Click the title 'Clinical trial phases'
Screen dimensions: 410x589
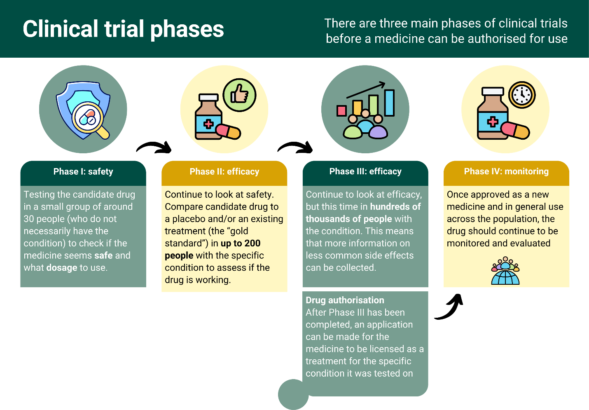tap(123, 29)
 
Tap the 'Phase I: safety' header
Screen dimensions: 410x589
tap(83, 172)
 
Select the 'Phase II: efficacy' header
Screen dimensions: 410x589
tap(224, 172)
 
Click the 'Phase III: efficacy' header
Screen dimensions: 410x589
tap(365, 171)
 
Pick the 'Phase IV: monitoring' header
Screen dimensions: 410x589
tap(506, 171)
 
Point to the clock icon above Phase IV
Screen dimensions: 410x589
tap(522, 95)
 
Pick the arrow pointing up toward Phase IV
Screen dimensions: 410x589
tap(450, 307)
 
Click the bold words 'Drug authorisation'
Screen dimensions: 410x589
tap(345, 300)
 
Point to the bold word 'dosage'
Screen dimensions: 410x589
tap(62, 268)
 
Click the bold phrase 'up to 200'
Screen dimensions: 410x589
tap(241, 244)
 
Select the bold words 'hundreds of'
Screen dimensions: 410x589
tap(395, 207)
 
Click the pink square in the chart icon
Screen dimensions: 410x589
tap(341, 110)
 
